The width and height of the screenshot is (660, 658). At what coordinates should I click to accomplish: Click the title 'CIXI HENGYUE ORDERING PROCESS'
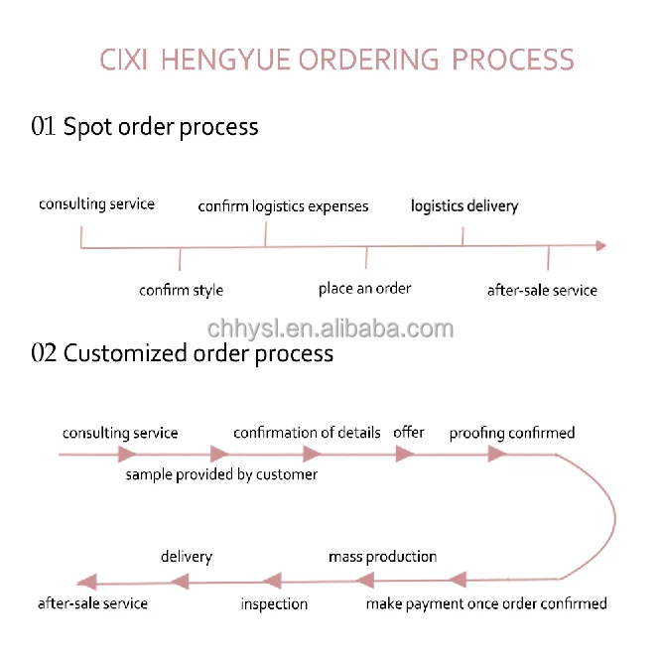(336, 60)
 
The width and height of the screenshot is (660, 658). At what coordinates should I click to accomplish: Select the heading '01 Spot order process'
(145, 127)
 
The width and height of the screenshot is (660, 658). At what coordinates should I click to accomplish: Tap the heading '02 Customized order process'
(183, 353)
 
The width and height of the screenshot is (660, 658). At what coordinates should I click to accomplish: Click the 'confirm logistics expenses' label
(283, 206)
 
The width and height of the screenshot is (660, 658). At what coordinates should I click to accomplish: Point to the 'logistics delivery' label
(464, 206)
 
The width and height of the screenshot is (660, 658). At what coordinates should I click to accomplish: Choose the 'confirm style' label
(181, 291)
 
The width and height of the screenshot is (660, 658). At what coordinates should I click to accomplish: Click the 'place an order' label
(364, 289)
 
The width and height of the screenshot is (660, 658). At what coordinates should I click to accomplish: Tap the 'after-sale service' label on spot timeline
(542, 291)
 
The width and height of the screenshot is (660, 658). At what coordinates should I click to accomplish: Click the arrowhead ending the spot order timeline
(598, 246)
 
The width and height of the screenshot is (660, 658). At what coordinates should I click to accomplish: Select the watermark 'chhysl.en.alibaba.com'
(330, 329)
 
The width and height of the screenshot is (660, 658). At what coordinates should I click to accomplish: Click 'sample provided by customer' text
(221, 475)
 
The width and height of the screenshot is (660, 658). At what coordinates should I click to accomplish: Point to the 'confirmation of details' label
(307, 433)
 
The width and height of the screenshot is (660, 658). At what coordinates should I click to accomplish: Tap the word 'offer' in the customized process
(409, 432)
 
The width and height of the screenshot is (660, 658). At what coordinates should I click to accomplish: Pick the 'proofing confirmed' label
(511, 434)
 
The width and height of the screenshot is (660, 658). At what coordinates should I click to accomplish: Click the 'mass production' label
(382, 557)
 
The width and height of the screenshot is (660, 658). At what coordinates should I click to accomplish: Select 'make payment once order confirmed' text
(485, 603)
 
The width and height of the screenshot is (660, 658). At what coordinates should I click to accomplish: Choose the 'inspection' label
(274, 603)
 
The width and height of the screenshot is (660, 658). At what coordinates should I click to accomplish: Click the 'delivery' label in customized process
(187, 557)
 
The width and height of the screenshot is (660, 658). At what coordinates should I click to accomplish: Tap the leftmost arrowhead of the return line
(86, 582)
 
